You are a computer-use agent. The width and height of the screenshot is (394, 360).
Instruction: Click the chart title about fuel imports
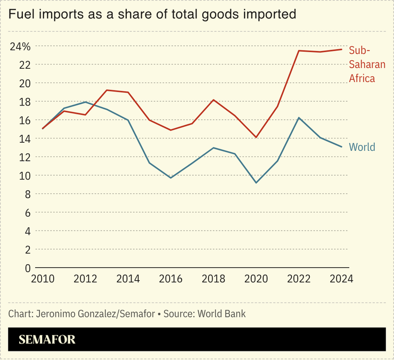pos(152,14)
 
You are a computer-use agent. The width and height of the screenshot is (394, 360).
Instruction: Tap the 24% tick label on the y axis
pos(20,46)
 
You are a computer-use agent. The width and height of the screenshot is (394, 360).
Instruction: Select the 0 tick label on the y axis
pos(27,268)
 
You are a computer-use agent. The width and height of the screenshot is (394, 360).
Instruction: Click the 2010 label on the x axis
pos(43,279)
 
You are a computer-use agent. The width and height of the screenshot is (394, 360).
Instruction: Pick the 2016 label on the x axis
pos(170,279)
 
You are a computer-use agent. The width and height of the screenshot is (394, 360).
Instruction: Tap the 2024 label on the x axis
pos(341,279)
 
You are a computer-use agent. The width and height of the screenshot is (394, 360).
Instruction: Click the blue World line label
pos(362,147)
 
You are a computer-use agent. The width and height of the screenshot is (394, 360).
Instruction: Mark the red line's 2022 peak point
pos(299,51)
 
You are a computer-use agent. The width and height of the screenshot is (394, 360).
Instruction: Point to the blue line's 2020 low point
pos(256,183)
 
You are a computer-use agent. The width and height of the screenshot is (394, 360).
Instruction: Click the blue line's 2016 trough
pos(170,177)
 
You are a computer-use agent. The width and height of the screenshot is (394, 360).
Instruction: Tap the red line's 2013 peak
pos(106,90)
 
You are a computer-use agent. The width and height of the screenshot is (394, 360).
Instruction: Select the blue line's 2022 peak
pos(299,118)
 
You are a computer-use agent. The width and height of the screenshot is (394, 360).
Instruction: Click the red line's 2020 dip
pos(256,137)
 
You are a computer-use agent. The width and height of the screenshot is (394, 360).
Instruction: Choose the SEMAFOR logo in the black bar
pos(47,339)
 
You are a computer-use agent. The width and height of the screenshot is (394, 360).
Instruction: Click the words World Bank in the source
pos(221,314)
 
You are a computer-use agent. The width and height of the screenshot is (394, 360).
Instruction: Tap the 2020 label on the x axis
pos(256,279)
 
